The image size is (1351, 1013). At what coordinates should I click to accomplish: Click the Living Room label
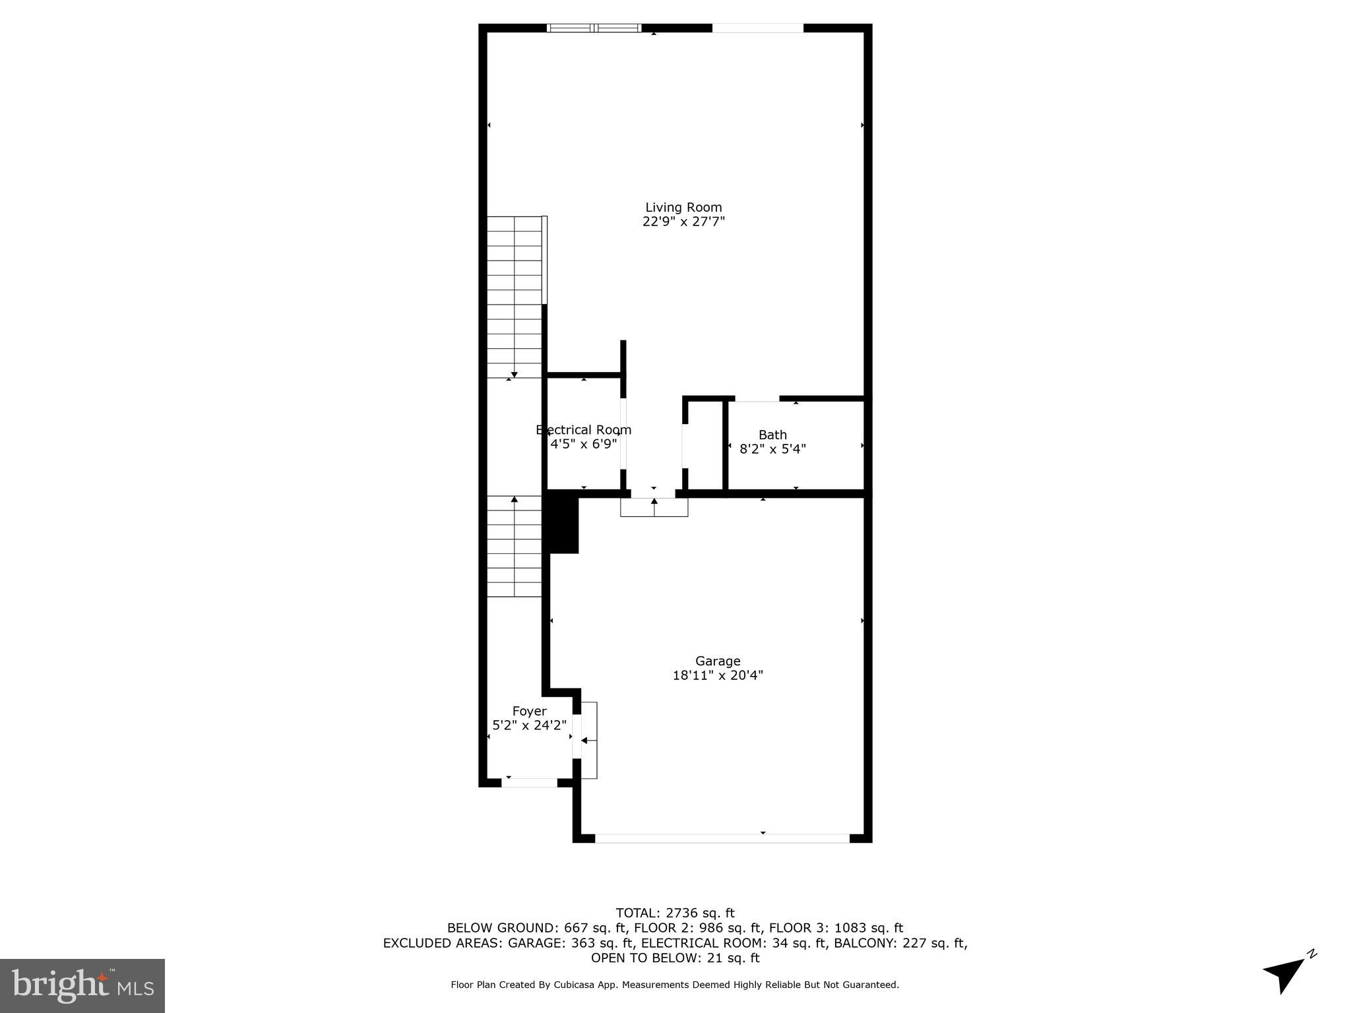pos(683,207)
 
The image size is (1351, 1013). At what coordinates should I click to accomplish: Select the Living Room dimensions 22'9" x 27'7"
pos(683,222)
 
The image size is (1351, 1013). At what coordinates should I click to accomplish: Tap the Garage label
pos(718,661)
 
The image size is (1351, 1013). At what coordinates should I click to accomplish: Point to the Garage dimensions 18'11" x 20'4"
pos(718,675)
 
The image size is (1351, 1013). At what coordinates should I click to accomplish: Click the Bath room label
pos(772,435)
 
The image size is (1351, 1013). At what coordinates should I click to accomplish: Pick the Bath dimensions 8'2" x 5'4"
pos(772,449)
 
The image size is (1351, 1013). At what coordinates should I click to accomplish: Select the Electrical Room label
pos(584,430)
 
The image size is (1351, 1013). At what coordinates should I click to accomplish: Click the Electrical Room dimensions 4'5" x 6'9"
pos(584,444)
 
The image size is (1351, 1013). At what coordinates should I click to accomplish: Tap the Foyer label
pos(529,711)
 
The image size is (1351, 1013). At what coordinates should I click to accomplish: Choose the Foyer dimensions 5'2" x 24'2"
pos(529,725)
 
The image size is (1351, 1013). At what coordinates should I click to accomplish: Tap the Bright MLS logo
pos(82,985)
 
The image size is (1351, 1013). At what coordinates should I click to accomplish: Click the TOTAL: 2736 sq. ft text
pos(675,913)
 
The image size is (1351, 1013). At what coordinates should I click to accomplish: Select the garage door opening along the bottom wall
pos(722,838)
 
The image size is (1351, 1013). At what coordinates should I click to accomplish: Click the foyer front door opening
pos(530,783)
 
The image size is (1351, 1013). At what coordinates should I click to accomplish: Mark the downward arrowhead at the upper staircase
pos(514,375)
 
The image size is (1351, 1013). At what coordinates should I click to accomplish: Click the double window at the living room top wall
pos(594,28)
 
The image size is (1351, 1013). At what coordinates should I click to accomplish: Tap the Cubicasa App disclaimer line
pos(675,985)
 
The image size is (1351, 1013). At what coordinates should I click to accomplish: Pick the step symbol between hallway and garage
pos(654,506)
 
